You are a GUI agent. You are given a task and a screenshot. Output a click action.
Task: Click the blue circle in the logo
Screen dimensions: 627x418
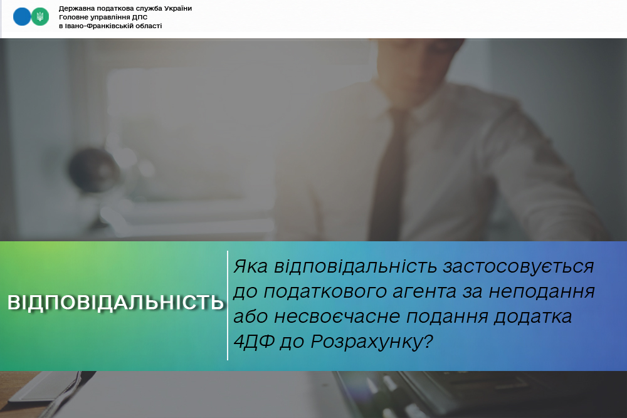click(22, 17)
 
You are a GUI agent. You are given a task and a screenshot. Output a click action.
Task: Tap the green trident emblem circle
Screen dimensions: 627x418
click(40, 17)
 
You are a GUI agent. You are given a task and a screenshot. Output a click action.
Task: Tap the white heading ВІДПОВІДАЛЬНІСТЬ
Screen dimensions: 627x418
click(115, 303)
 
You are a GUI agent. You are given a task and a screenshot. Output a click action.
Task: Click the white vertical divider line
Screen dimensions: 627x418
click(228, 306)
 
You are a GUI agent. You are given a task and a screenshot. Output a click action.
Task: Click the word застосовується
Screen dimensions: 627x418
click(519, 266)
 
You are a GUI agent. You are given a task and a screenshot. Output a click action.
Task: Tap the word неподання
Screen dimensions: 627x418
click(542, 291)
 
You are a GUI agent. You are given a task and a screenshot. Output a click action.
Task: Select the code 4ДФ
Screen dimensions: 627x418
click(254, 342)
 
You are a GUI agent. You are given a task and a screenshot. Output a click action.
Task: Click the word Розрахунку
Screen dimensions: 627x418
click(367, 342)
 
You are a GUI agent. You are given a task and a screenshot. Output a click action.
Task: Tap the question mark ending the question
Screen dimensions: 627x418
click(428, 342)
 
